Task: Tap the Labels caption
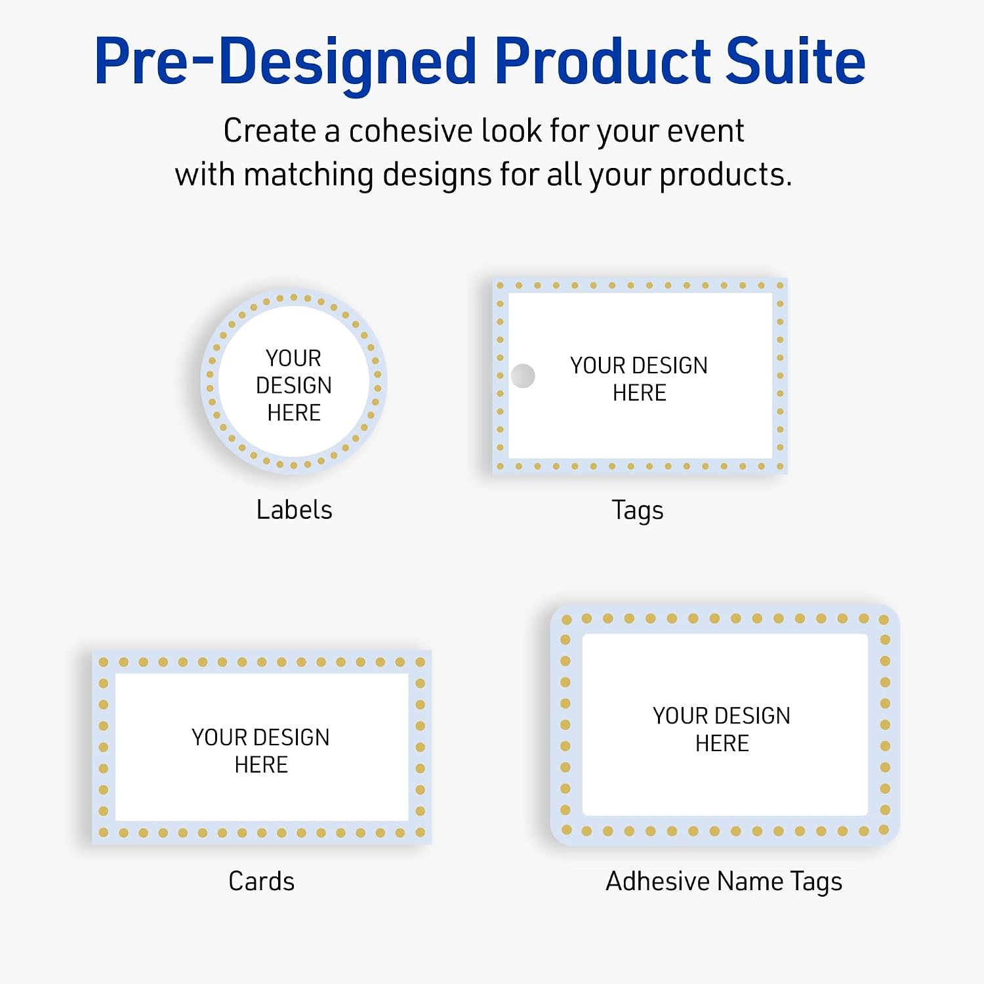[x=295, y=510]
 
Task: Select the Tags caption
[x=638, y=511]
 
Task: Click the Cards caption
[x=262, y=881]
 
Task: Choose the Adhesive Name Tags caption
[x=724, y=882]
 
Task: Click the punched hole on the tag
[x=523, y=376]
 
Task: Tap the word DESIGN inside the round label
[x=294, y=385]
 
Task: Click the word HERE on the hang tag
[x=640, y=393]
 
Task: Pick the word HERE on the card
[x=261, y=765]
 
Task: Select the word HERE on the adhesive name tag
[x=722, y=743]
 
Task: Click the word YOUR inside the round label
[x=293, y=358]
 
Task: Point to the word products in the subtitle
[x=726, y=175]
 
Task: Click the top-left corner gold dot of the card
[x=104, y=663]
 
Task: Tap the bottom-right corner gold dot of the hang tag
[x=780, y=466]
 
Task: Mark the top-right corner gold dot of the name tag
[x=884, y=619]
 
